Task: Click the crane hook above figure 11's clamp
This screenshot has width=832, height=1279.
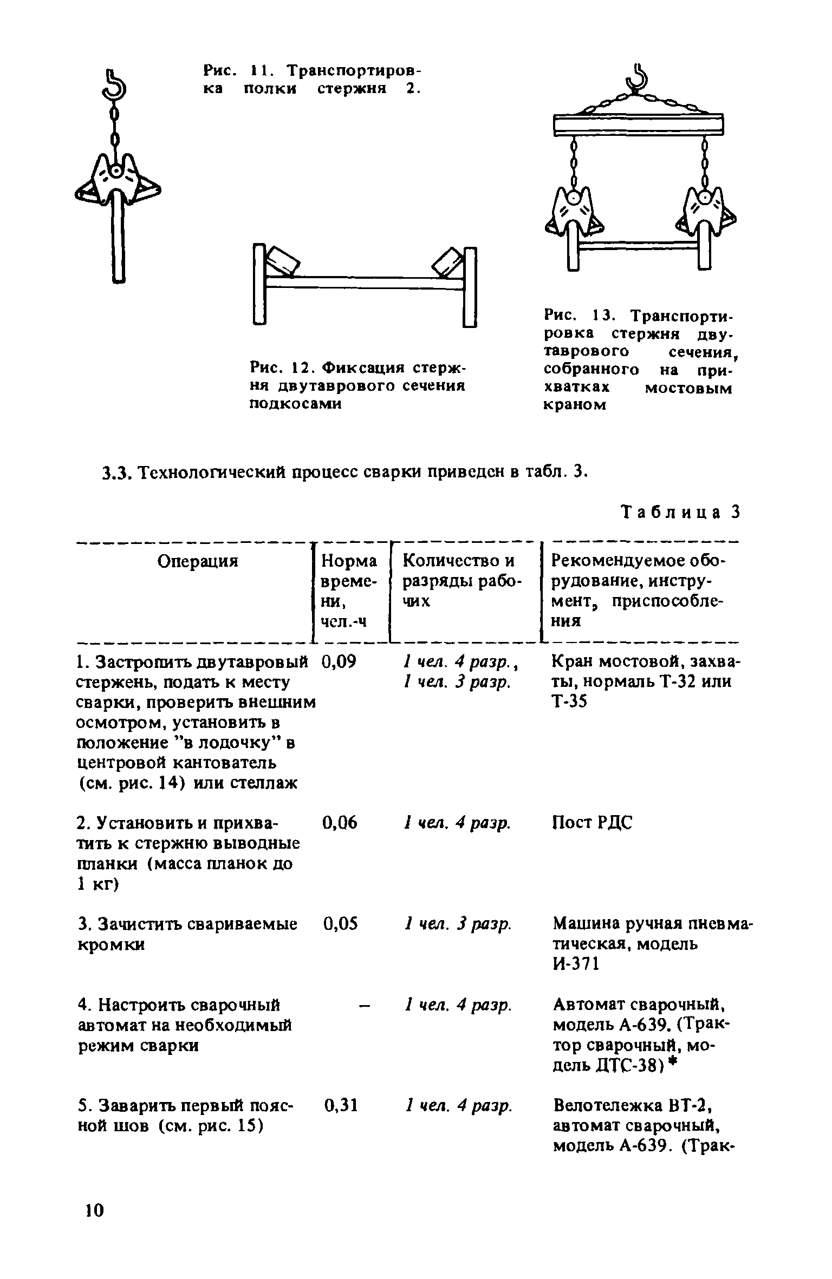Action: tap(116, 86)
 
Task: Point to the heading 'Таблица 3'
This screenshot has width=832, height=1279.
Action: tap(680, 511)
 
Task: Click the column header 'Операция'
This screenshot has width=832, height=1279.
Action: tap(198, 561)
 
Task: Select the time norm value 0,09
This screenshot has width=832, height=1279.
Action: tap(339, 662)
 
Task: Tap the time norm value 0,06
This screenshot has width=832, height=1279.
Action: tap(340, 823)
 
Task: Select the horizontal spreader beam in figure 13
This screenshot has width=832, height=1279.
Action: tap(638, 124)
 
